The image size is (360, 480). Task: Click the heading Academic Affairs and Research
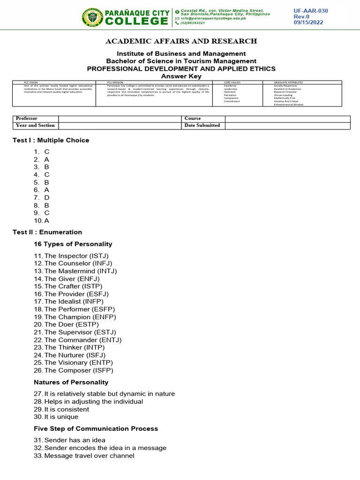[181, 41]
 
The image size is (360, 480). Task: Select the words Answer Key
[181, 76]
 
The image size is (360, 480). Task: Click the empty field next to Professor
[119, 119]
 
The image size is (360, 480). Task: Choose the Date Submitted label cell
[202, 126]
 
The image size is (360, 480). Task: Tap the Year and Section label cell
[35, 126]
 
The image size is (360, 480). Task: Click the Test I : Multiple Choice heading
[51, 140]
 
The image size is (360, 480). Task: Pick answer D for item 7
[47, 197]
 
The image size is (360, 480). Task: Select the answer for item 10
[46, 220]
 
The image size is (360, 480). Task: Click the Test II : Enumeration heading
[47, 232]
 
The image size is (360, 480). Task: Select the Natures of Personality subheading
[71, 382]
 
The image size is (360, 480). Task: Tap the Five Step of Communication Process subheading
[96, 428]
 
